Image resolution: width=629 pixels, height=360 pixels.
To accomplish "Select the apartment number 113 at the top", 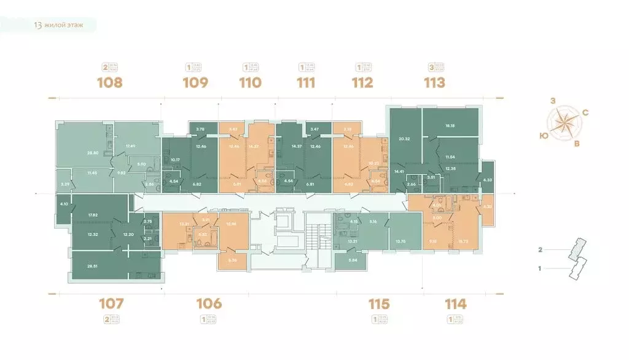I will click(434, 82).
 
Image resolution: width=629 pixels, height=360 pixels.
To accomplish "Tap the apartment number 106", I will click(208, 303).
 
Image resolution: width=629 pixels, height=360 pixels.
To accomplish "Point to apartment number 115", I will click(378, 303).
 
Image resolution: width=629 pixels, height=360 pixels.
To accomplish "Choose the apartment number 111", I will click(306, 82).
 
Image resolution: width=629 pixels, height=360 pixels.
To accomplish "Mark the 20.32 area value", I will click(404, 139).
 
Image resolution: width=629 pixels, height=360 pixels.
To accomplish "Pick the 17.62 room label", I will click(93, 215).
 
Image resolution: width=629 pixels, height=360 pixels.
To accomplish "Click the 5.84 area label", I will click(353, 260).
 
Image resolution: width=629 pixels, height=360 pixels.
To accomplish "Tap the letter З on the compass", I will click(553, 100).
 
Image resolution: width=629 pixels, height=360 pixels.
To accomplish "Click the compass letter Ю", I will click(544, 135).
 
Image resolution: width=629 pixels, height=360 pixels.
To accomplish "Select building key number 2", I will click(541, 250).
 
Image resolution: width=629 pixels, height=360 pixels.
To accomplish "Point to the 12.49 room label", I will click(130, 146).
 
